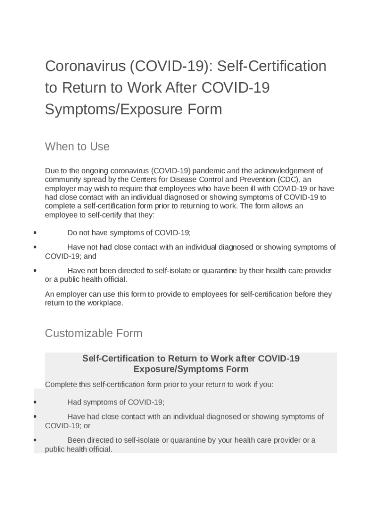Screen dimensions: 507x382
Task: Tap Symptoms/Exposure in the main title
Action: point(113,109)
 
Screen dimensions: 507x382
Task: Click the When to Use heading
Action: point(77,147)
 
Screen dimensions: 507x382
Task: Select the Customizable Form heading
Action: point(93,333)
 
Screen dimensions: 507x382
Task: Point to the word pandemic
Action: point(208,171)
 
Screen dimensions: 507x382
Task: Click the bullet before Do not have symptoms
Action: point(35,233)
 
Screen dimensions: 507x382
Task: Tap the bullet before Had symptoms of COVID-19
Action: point(35,403)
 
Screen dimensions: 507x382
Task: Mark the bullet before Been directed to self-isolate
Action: point(35,440)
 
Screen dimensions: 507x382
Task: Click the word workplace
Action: point(104,303)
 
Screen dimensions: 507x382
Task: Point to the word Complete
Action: point(61,384)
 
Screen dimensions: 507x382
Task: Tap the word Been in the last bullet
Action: point(76,440)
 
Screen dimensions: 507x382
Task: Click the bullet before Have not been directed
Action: point(35,270)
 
